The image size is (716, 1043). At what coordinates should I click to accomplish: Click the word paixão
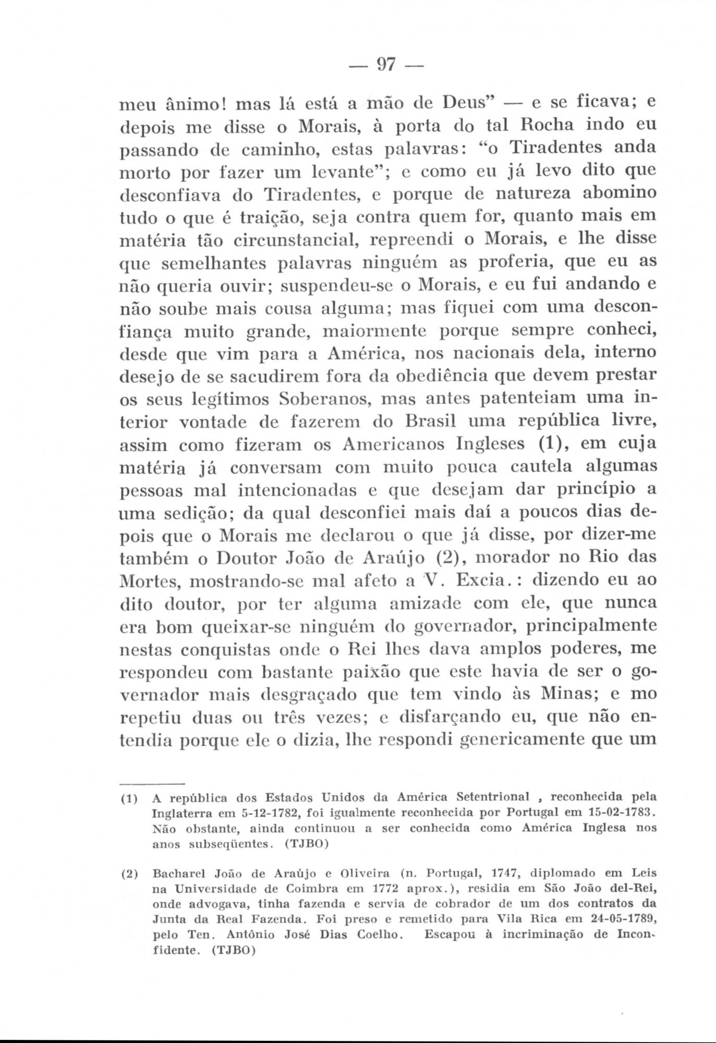[369, 672]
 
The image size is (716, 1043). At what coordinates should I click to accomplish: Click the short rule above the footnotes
[152, 784]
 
